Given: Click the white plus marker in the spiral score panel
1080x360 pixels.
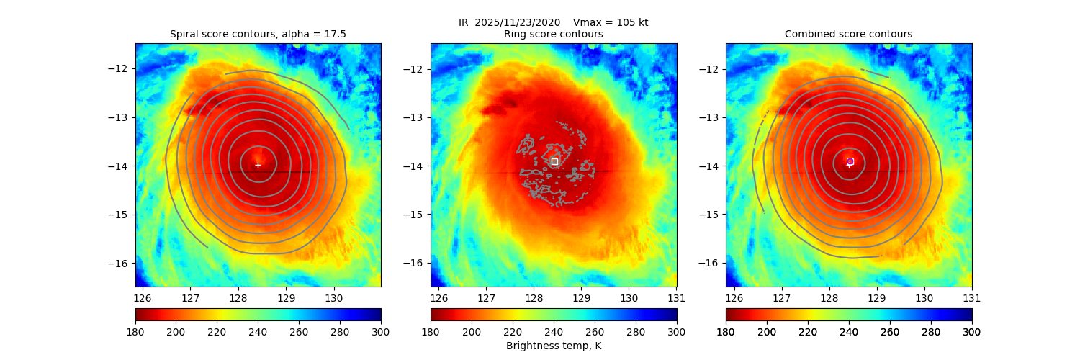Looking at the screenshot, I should [x=258, y=165].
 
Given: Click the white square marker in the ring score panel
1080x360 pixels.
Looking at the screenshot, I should [x=554, y=161].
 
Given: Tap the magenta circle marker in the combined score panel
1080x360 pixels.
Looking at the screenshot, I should [x=850, y=161].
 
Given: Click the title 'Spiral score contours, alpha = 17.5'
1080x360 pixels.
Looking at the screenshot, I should [x=258, y=34].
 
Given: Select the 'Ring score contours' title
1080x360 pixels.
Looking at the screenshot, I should [x=554, y=34].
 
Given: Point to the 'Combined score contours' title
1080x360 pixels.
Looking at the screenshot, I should [x=848, y=34].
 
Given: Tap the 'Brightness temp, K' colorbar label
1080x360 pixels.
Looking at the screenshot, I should [x=554, y=346].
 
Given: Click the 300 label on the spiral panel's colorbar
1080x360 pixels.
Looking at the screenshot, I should [x=381, y=331].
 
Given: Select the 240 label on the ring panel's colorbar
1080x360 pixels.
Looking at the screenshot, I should [x=554, y=331].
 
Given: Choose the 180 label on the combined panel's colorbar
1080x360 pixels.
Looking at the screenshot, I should [x=726, y=331].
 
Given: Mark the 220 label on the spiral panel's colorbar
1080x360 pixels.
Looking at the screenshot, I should [x=217, y=331].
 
